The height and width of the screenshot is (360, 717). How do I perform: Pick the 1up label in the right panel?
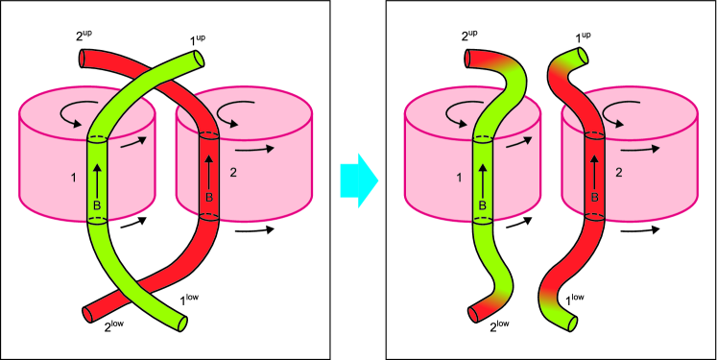pos(582,37)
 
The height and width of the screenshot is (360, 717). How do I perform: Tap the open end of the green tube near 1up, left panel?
pos(199,60)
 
